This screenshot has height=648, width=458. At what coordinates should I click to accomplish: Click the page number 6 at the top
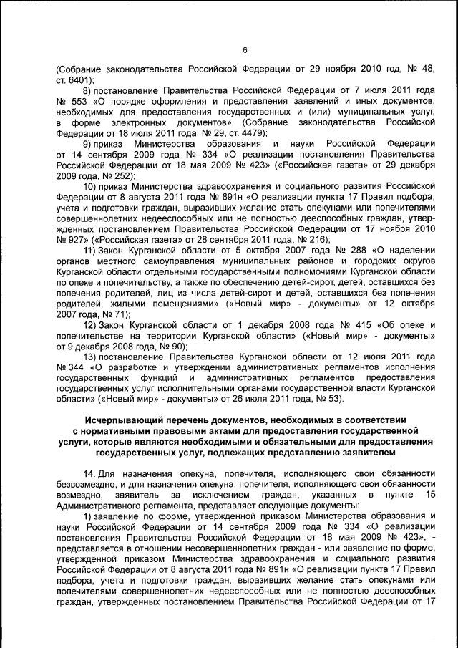[244, 49]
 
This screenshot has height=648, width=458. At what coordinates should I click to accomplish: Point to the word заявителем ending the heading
[361, 453]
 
